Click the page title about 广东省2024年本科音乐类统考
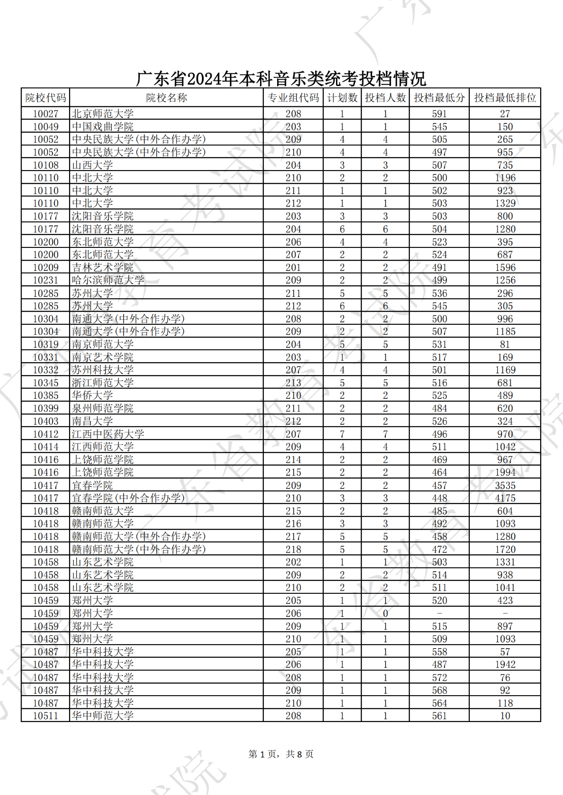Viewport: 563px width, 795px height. click(281, 79)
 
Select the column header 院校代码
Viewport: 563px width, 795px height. click(45, 98)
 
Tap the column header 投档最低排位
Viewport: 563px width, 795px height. click(505, 98)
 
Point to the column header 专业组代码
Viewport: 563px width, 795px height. click(293, 98)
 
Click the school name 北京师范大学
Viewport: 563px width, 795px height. click(103, 114)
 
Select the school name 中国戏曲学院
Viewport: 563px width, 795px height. click(103, 127)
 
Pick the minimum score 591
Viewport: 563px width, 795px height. click(439, 114)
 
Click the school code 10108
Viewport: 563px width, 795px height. click(45, 165)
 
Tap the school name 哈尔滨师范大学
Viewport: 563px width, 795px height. click(108, 280)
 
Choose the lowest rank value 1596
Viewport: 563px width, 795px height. click(505, 268)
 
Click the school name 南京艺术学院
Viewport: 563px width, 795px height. click(103, 357)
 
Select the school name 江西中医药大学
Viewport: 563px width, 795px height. click(108, 434)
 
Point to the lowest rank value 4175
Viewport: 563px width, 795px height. click(505, 498)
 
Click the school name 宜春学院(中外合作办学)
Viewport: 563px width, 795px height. click(128, 498)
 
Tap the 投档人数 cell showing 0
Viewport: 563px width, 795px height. click(385, 613)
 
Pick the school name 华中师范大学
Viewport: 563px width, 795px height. click(103, 716)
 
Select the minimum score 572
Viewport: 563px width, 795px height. click(439, 678)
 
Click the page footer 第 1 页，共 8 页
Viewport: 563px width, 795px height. click(281, 754)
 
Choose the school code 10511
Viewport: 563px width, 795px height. click(45, 716)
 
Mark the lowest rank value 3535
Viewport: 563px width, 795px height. click(505, 486)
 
